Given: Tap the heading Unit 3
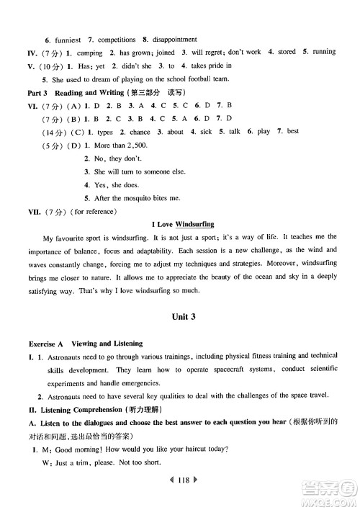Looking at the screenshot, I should coord(179,316).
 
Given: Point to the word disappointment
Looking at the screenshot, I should coord(174,39).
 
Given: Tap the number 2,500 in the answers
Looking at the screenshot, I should coord(131,145).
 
